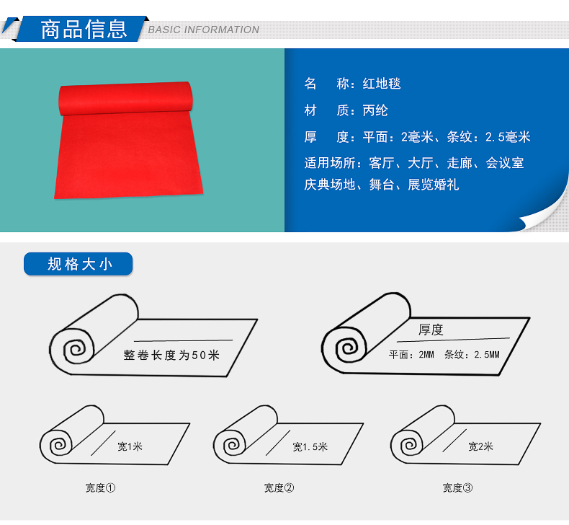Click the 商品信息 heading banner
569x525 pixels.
click(x=81, y=29)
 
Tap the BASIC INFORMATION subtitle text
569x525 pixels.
click(x=204, y=30)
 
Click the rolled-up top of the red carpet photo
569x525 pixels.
click(x=125, y=98)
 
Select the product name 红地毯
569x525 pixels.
click(x=382, y=84)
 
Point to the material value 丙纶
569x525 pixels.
click(x=375, y=110)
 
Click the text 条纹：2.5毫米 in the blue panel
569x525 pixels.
click(x=489, y=137)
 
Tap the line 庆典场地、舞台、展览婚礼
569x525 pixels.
click(x=382, y=185)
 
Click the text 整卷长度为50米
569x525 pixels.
click(x=171, y=355)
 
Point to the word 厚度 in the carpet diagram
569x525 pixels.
click(x=431, y=330)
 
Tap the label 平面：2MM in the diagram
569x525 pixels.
click(x=411, y=354)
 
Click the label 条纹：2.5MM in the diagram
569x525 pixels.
click(x=472, y=354)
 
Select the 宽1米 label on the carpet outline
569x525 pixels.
click(x=130, y=446)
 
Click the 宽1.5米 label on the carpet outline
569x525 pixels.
click(x=310, y=446)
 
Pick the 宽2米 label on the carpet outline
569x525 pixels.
click(x=480, y=446)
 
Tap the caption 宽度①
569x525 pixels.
click(x=101, y=487)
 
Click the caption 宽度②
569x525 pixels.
click(x=279, y=487)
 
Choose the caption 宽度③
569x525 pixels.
click(x=457, y=487)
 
